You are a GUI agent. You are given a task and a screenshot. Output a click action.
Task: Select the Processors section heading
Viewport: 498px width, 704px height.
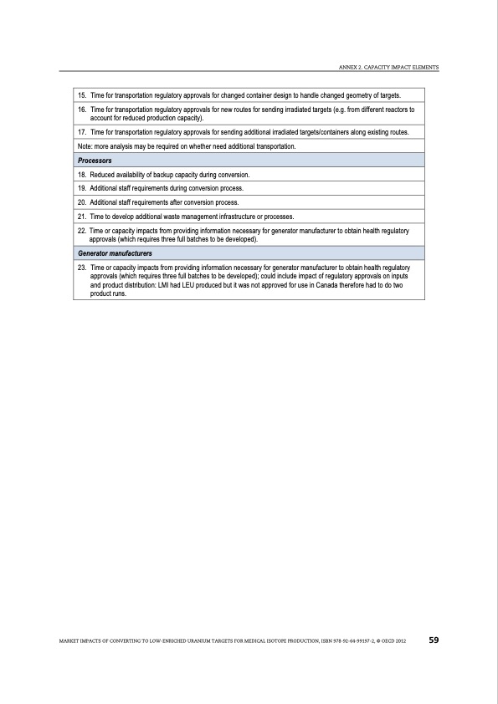[95, 160]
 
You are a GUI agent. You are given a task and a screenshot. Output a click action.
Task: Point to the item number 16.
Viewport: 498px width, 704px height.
[82, 110]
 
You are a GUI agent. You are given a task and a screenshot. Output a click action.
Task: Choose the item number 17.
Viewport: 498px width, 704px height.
[82, 133]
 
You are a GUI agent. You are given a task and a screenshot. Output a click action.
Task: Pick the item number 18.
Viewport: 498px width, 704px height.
[82, 174]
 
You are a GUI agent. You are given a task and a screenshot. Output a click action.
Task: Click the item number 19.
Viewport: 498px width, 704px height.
[82, 188]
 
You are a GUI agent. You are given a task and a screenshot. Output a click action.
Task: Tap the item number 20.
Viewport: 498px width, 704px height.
[82, 202]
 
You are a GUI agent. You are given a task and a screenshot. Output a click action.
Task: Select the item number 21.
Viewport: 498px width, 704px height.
[82, 217]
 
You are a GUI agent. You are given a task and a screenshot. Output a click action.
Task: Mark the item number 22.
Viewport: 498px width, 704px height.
[82, 231]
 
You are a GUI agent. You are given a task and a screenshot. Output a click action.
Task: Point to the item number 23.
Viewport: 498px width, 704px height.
[82, 268]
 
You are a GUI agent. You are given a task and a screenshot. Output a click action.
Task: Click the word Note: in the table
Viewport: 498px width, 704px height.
[85, 146]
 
